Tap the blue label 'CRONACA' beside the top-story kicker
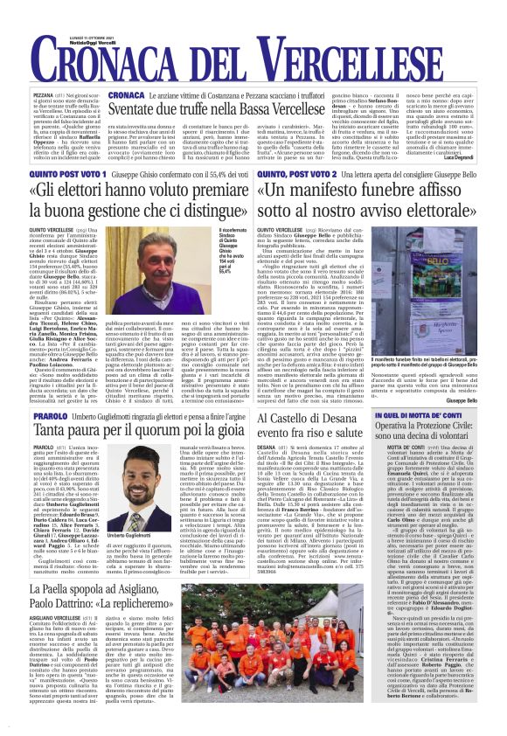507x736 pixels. pos(127,94)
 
